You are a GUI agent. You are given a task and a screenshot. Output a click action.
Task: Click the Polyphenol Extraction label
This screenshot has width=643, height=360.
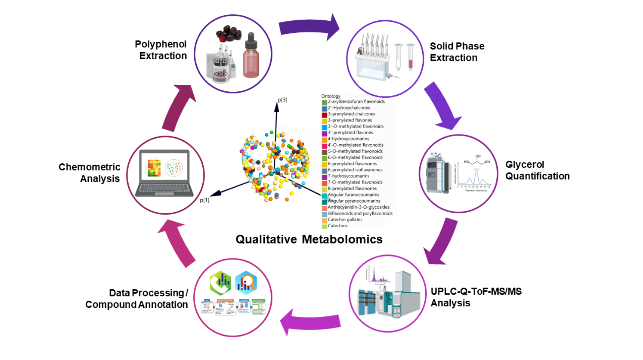(x=161, y=50)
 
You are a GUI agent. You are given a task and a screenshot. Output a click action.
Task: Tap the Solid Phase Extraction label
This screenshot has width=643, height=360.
(x=456, y=52)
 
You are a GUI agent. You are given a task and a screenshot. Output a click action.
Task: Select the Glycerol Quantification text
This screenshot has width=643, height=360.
(x=537, y=170)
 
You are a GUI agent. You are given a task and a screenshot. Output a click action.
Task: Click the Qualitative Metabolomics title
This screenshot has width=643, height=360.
(x=309, y=239)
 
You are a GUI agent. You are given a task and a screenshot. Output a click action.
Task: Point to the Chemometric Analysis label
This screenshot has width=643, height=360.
(x=90, y=172)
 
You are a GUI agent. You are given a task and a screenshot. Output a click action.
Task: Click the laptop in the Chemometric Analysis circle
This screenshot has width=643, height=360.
(x=164, y=173)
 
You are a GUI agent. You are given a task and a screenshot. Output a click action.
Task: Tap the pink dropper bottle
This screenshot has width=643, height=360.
(x=251, y=56)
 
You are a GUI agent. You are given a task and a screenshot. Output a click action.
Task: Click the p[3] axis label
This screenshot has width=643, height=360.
(x=282, y=100)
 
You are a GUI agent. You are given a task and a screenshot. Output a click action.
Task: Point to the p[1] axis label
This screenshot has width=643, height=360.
(x=205, y=200)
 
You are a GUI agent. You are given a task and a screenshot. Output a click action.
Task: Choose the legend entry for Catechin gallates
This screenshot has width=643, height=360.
(x=344, y=219)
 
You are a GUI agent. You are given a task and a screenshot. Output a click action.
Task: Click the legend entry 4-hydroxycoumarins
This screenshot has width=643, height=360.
(x=348, y=139)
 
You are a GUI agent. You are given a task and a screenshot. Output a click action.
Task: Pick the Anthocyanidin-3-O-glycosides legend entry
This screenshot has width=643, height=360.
(x=358, y=207)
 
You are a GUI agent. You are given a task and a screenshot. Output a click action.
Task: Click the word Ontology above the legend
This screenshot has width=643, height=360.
(x=331, y=96)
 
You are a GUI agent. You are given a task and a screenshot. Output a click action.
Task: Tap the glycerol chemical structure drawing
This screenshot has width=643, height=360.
(x=476, y=160)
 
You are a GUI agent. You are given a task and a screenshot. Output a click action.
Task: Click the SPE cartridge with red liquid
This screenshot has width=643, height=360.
(x=410, y=57)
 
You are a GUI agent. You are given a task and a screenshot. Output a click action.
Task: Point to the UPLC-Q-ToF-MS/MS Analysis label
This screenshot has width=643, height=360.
(x=476, y=297)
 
